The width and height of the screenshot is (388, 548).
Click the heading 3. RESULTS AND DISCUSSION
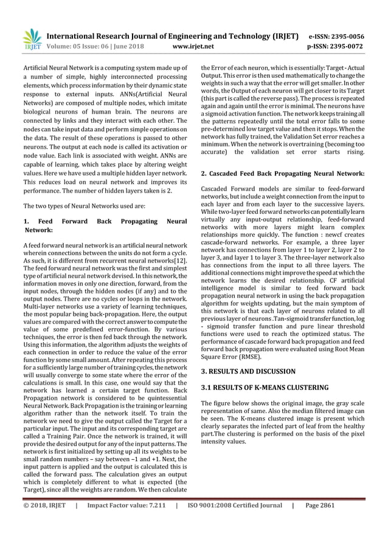[248, 371]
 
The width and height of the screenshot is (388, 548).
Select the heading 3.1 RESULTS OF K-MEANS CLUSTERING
[265, 387]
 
